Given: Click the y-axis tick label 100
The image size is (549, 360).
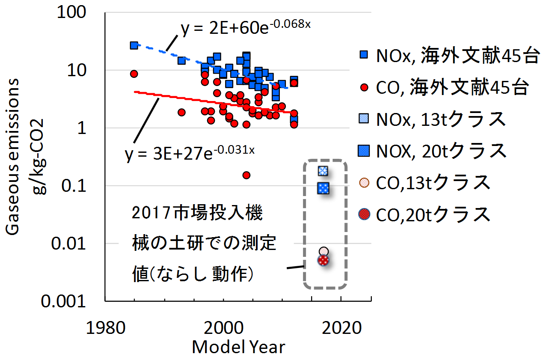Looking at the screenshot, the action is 71,12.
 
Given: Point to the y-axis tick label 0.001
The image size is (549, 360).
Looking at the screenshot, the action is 63,301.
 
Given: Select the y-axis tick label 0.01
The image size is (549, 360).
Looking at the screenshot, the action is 68,244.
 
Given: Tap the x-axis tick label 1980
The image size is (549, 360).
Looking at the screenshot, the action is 106,328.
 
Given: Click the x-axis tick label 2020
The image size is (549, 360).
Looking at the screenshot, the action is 341,328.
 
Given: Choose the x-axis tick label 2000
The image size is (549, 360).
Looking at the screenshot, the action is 223,328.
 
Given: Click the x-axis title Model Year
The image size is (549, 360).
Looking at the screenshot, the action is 238,347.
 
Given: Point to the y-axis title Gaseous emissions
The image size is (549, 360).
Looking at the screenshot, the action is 12,157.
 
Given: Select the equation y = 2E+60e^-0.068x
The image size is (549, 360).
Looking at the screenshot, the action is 246,27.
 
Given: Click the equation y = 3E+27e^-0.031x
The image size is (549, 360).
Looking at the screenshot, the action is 190,154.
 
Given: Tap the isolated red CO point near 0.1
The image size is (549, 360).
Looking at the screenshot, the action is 246,175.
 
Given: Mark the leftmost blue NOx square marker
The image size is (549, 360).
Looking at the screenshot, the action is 134,45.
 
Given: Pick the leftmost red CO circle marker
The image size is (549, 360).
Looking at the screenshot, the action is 134,74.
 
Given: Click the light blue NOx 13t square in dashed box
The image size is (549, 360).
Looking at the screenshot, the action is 323,171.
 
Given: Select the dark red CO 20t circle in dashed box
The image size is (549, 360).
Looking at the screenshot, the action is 323,260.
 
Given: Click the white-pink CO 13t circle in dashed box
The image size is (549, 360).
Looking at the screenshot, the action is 324,251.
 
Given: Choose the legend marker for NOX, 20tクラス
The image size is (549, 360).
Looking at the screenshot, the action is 364,151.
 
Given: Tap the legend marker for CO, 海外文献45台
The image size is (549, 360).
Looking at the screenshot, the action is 365,88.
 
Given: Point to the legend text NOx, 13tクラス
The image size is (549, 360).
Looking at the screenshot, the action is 441,119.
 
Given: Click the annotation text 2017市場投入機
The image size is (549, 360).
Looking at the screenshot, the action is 197,213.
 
